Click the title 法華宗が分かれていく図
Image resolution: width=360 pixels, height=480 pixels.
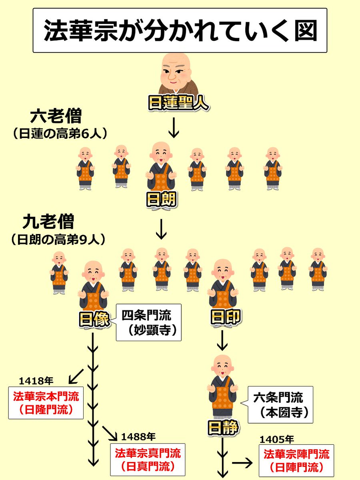click(x=180, y=31)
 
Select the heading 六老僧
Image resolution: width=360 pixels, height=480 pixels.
click(x=56, y=117)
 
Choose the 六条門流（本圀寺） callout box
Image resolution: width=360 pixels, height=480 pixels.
click(x=280, y=405)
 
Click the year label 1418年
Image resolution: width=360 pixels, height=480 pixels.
click(x=36, y=379)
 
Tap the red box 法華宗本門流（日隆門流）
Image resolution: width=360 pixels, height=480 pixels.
click(x=46, y=402)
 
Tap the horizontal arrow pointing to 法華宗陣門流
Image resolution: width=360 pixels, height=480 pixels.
click(x=242, y=463)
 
